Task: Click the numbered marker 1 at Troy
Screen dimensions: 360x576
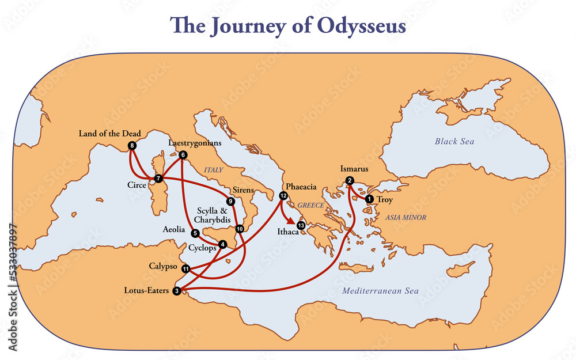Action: coord(369,199)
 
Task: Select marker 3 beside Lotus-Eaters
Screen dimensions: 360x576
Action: coord(177,290)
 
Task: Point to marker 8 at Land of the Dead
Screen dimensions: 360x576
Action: coord(132,146)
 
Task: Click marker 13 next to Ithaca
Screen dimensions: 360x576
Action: coord(301,225)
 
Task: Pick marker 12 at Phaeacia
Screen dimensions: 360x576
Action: coord(283,196)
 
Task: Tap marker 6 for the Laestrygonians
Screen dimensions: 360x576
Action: coord(183,155)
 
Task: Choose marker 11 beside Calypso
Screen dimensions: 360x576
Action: coord(185,269)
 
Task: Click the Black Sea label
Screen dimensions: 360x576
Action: coord(454,141)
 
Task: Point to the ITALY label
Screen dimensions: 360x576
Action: coord(213,169)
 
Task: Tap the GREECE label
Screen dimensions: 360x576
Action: coord(312,205)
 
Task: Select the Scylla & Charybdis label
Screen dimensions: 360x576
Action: coord(213,215)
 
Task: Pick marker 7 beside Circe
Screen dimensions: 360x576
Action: coord(158,179)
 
